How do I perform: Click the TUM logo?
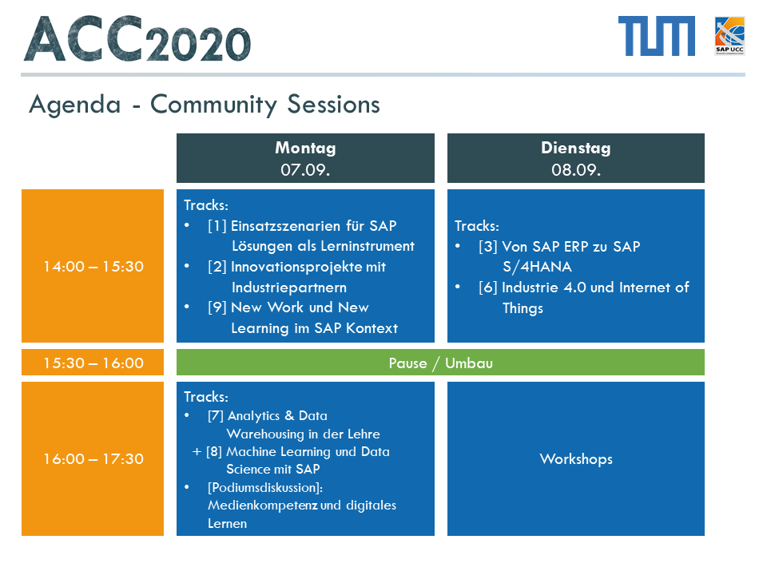tap(657, 36)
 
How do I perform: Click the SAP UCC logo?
tap(729, 36)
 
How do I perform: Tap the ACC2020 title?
tap(137, 38)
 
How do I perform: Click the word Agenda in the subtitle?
tap(75, 104)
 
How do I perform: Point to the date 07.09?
tap(305, 169)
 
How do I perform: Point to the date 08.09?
tap(576, 169)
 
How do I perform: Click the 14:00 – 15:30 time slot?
tap(93, 266)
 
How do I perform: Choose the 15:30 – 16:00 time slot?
tap(93, 363)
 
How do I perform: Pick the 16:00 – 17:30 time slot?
tap(93, 458)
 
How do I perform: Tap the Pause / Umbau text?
tap(441, 363)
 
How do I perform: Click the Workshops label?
tap(576, 458)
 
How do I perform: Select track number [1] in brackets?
tap(217, 225)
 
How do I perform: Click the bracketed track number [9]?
tap(217, 307)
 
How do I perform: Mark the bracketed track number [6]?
tap(488, 287)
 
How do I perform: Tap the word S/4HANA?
tap(537, 267)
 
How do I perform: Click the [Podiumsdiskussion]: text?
tap(265, 487)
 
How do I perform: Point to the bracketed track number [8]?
tap(214, 451)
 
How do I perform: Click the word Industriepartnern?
tap(289, 287)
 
